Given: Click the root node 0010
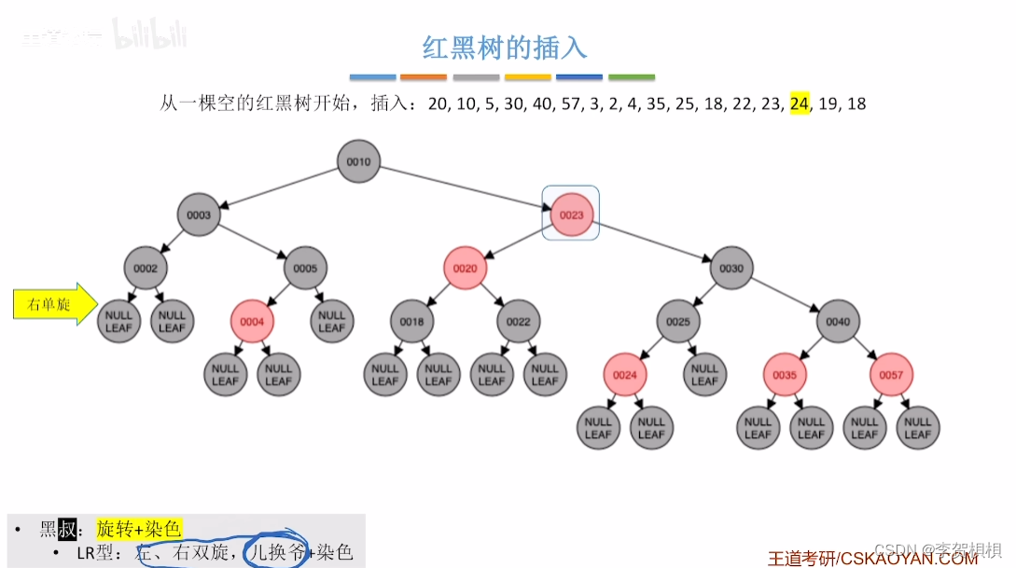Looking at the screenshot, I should click(358, 161).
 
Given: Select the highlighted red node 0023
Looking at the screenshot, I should click(571, 215).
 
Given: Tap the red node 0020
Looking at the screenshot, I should click(465, 269).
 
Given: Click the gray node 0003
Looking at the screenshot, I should click(199, 215).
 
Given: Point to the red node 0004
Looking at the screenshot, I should click(252, 322).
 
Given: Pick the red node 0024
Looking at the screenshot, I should click(624, 375).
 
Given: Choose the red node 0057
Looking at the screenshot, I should click(891, 375).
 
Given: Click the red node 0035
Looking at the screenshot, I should click(785, 375).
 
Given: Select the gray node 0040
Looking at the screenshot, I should click(838, 322).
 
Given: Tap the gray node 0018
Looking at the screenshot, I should click(411, 322).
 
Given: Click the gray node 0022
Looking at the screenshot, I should click(518, 322).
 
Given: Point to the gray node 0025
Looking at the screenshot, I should click(678, 322).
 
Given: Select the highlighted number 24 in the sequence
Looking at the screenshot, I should click(799, 104).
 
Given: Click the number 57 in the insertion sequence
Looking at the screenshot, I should click(571, 104).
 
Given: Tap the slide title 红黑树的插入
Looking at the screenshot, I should click(505, 47).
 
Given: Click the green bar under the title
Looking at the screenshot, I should click(632, 77).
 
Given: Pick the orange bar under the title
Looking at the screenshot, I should click(424, 77).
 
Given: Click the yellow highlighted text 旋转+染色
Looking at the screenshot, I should click(138, 529).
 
